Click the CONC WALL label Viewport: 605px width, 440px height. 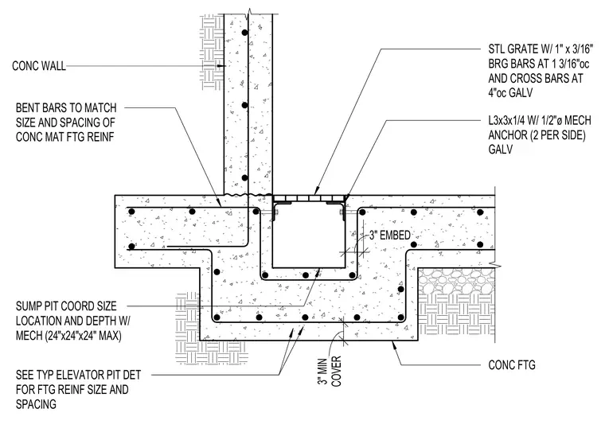click(39, 66)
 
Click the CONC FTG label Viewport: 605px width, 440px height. click(512, 364)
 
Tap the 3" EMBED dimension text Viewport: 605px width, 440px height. click(390, 236)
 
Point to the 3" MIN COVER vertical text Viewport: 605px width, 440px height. click(330, 371)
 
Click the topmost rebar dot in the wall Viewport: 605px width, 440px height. click(244, 33)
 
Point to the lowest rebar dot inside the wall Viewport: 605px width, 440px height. click(244, 177)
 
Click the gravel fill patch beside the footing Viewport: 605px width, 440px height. click(456, 281)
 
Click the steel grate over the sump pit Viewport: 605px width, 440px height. click(309, 198)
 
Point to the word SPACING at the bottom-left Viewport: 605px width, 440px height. click(36, 404)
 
